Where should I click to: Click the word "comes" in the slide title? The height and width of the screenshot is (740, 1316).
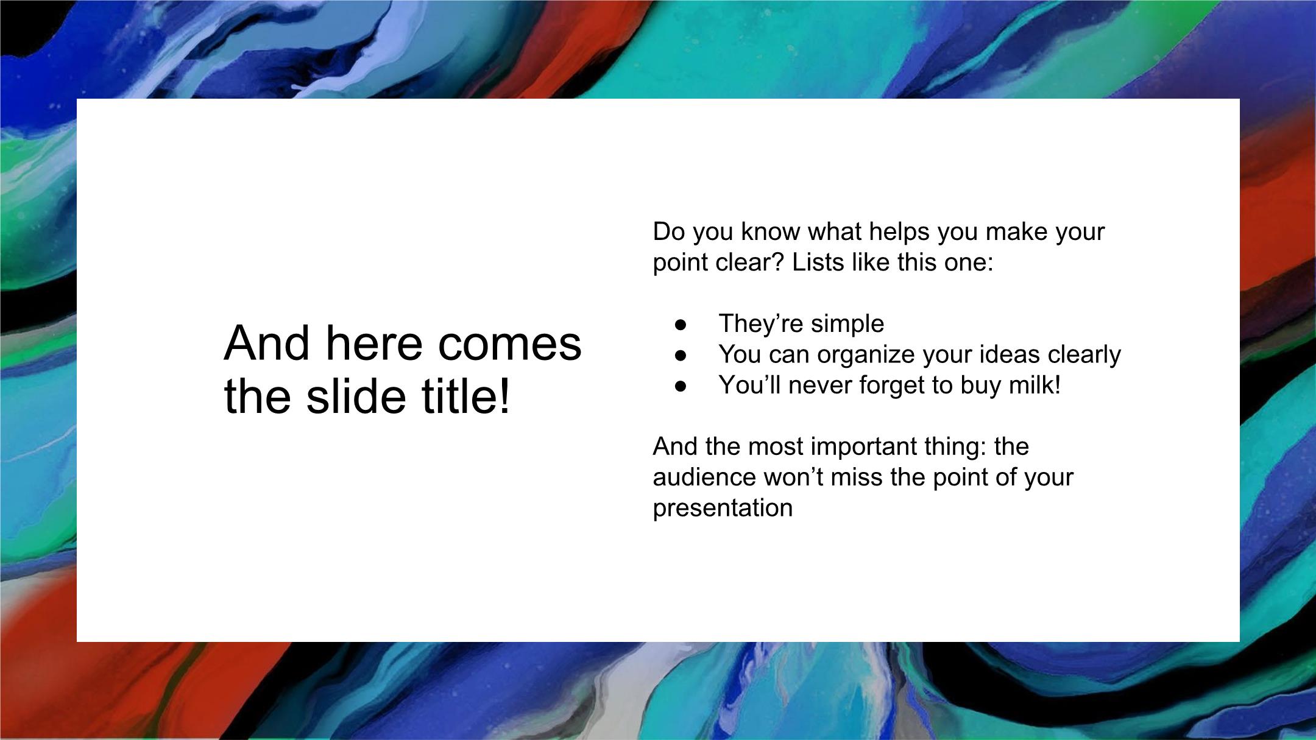click(509, 344)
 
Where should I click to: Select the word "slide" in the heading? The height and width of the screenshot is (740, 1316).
click(356, 396)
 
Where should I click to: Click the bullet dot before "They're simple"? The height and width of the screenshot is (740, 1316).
click(681, 324)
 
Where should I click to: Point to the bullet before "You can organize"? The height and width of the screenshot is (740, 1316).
click(681, 355)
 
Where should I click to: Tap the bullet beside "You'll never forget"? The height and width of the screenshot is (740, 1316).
click(681, 386)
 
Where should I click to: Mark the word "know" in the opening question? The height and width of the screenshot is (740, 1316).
click(771, 231)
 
